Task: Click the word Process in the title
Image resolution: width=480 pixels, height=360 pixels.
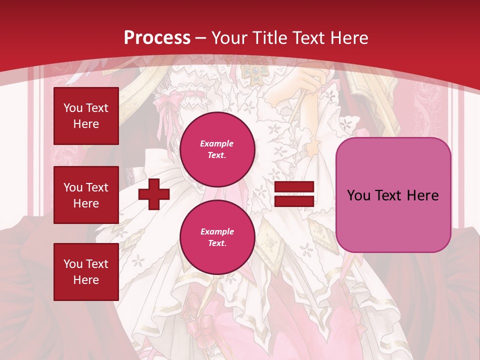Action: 157,38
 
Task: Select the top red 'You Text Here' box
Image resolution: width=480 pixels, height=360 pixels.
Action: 86,116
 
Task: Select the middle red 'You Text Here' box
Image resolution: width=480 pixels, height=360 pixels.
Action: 86,195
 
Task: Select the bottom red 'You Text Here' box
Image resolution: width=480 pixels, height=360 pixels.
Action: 86,271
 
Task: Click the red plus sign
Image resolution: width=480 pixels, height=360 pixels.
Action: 154,194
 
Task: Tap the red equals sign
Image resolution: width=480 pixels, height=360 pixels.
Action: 294,194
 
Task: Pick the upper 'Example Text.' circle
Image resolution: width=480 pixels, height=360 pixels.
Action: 217,149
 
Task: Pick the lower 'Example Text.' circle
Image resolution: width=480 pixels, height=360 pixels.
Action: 217,237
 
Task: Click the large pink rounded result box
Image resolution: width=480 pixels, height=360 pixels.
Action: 393,195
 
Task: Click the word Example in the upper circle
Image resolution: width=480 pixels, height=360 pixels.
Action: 217,143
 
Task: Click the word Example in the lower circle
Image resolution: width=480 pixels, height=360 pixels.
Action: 217,231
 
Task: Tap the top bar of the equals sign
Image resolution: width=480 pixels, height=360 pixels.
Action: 294,187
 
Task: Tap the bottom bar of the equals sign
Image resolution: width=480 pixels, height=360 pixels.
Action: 294,201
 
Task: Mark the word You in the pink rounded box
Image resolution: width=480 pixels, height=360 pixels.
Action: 358,195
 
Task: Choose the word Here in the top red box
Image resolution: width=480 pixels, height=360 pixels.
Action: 86,124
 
